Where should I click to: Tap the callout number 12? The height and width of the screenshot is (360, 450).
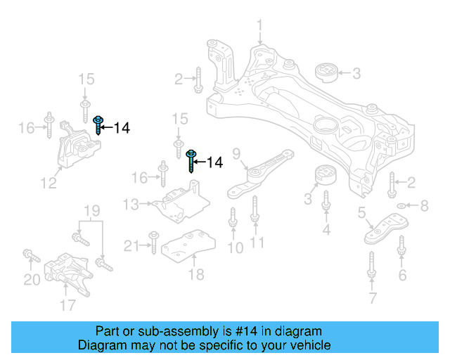point(48,184)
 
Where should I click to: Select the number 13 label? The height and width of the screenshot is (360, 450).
point(131,205)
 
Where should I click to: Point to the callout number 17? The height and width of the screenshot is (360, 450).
point(67,304)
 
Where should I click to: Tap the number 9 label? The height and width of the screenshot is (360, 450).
point(236,154)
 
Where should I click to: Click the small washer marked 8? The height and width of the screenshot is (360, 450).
point(401,206)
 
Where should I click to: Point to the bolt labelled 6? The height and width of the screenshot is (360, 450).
point(401,247)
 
